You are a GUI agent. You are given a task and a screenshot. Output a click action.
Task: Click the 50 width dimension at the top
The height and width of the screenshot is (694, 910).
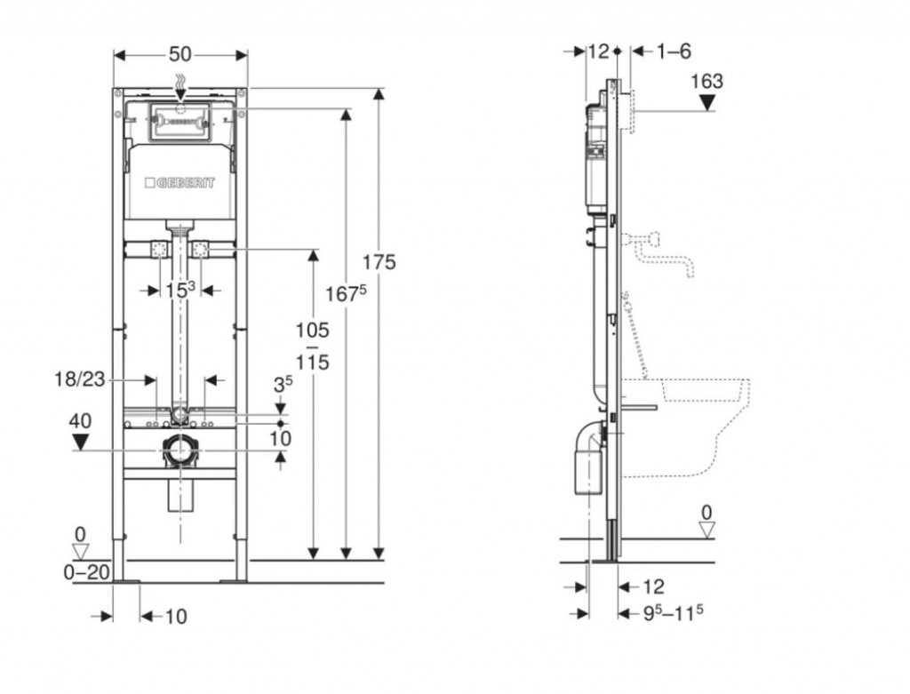click(180, 54)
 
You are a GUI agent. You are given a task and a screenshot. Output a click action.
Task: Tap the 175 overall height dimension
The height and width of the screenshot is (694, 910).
click(379, 262)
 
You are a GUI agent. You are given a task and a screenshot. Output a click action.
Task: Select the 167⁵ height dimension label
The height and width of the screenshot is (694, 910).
click(346, 293)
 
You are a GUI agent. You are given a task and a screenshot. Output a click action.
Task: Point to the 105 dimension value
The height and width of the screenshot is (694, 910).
click(312, 331)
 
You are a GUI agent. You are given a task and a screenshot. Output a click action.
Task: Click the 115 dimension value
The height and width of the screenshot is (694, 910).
click(312, 363)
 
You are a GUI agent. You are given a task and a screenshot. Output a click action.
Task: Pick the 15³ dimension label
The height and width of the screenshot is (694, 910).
click(180, 290)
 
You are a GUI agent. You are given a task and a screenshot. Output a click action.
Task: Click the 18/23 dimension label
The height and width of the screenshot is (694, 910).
click(79, 379)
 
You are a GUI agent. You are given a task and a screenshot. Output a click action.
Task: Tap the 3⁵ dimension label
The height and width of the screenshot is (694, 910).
click(283, 384)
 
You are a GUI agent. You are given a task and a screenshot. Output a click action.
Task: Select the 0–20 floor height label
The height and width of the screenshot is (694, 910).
click(86, 572)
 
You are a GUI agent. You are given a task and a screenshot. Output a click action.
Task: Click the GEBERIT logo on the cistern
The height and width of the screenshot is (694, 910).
click(180, 183)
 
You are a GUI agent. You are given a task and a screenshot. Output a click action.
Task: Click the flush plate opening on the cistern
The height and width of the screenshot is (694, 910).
click(180, 122)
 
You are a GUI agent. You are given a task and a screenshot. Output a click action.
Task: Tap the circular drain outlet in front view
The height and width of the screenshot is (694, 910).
click(180, 451)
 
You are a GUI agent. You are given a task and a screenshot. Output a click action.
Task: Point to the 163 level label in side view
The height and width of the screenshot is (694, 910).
click(706, 81)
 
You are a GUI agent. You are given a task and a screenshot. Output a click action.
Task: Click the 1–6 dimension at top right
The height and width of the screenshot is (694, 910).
click(674, 52)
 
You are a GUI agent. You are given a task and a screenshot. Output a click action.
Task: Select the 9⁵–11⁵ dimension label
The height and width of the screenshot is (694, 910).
click(674, 613)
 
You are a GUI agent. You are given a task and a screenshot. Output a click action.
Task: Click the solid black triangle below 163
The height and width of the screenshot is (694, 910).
click(706, 103)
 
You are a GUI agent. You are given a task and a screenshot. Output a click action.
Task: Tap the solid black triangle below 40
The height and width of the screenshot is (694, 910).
click(80, 443)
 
